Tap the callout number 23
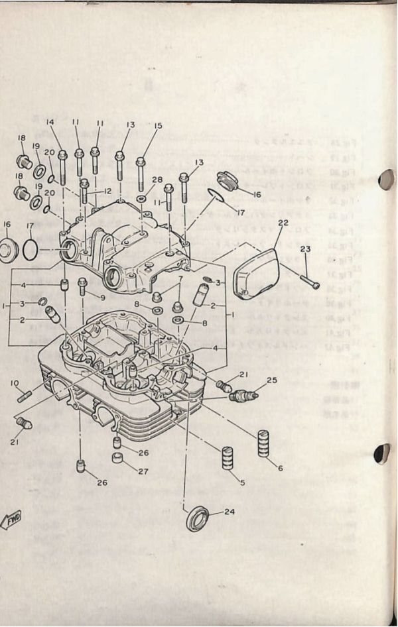(305, 249)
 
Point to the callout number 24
(230, 512)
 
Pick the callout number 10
(15, 382)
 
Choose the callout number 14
(50, 122)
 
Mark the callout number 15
(158, 126)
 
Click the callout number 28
(157, 180)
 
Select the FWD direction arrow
(12, 520)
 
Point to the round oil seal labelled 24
(196, 518)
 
